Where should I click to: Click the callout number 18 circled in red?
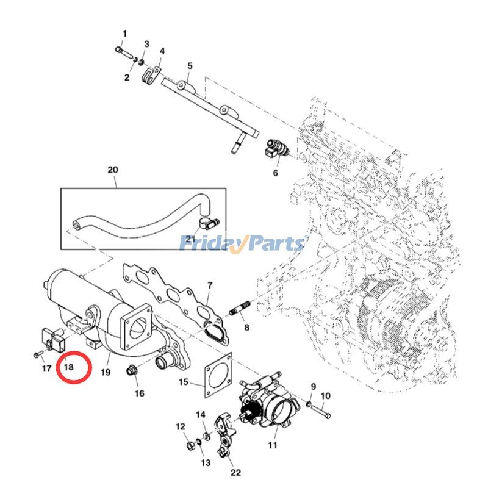68,367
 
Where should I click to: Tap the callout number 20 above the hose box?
112,170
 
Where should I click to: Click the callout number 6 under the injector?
275,173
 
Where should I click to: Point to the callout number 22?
235,472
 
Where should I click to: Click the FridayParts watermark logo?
242,243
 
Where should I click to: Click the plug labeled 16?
131,370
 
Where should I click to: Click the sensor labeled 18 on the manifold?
53,339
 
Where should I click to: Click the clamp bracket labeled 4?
151,77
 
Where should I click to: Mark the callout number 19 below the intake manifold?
105,371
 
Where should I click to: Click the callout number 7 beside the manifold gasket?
209,285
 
